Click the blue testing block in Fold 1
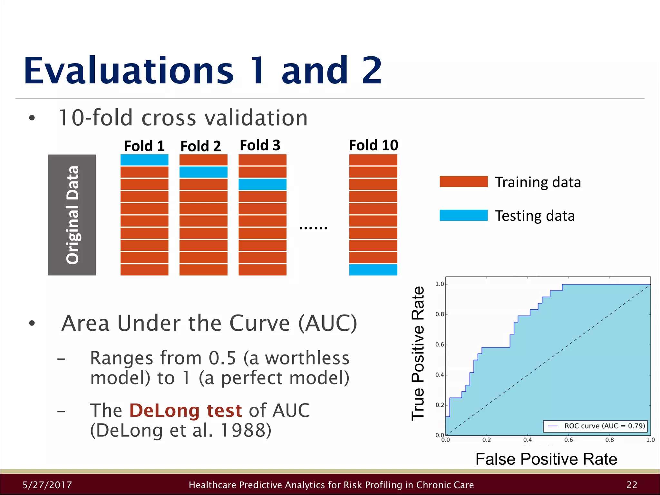click(x=144, y=160)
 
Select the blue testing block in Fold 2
click(x=203, y=172)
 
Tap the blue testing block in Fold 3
click(x=262, y=184)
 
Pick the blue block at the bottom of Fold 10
click(x=373, y=270)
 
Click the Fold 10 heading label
click(x=374, y=145)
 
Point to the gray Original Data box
click(x=72, y=215)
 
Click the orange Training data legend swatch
click(x=463, y=182)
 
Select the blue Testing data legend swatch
click(x=463, y=215)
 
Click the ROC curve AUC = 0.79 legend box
click(x=595, y=426)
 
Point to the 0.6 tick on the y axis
click(x=440, y=345)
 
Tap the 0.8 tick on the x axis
click(x=609, y=440)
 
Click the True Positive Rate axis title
click(x=418, y=354)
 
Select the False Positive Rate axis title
click(x=546, y=459)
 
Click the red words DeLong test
click(x=185, y=411)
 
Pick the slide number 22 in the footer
click(x=632, y=485)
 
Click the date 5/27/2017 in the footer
click(x=47, y=485)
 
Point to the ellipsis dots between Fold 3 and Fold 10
click(x=313, y=228)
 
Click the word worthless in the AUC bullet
click(x=307, y=358)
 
